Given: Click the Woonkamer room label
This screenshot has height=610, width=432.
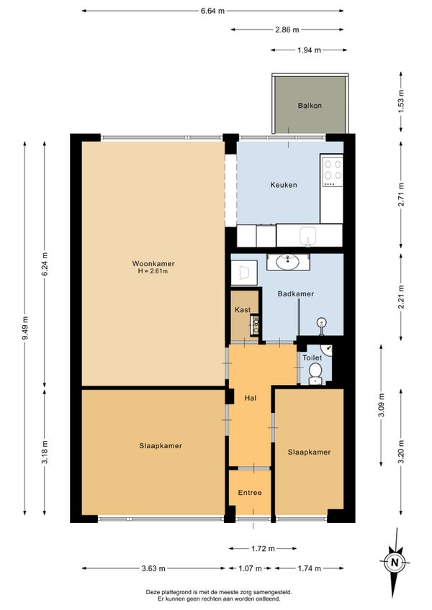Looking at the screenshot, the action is point(153,263).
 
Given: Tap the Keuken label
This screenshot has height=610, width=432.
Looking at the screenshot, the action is point(284,185).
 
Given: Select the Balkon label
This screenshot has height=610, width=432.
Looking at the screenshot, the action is point(310,106).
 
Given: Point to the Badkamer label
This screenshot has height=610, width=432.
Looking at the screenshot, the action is point(296,293).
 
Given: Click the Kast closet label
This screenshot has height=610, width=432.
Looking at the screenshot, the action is point(243,309).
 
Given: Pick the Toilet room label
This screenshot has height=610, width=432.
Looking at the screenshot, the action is point(312,358).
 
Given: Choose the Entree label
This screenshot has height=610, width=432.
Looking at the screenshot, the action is point(250,493).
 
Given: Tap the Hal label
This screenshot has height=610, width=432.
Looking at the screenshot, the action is point(250,398).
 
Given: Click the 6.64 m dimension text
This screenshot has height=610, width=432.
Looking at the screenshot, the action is point(212,11).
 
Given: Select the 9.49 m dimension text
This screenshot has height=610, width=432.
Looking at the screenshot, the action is point(25,328).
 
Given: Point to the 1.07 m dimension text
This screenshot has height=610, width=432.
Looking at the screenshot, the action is point(250,568).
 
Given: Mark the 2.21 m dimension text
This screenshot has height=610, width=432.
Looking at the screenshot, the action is point(401,297).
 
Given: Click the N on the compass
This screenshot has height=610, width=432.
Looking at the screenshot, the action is point(395,562).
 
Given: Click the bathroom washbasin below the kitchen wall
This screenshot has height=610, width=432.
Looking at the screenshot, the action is point(288,262).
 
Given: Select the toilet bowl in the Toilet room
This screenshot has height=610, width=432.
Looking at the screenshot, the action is point(315,372).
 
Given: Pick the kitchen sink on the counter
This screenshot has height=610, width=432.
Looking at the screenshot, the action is point(307,236).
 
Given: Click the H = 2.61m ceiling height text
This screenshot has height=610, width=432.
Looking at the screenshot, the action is point(153,271).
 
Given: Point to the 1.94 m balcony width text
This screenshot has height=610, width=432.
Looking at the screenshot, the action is point(310,50).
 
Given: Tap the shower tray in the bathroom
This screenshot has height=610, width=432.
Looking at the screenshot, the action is point(244,273).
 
